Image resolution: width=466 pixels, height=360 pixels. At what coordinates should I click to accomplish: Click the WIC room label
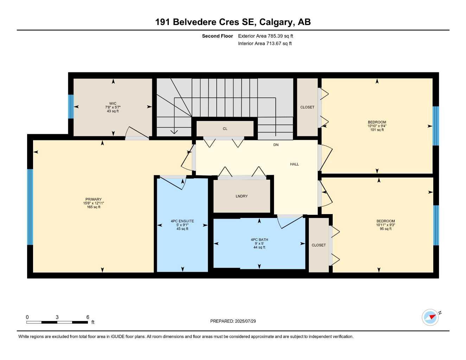(113, 104)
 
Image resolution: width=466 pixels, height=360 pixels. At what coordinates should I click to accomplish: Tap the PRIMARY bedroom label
(93, 199)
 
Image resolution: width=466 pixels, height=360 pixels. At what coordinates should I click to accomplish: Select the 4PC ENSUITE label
(182, 221)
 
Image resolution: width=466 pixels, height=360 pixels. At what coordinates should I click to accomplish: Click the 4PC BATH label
(259, 240)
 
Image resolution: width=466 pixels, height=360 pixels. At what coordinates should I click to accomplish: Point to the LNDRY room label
(242, 196)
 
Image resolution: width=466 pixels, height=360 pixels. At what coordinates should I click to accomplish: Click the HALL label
(294, 164)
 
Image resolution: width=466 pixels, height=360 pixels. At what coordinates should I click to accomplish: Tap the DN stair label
(276, 145)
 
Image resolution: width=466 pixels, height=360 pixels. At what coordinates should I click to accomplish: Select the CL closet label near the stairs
(225, 129)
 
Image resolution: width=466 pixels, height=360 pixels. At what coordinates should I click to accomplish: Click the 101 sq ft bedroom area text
(377, 130)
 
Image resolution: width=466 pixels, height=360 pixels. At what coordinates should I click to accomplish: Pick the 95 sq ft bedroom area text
(385, 229)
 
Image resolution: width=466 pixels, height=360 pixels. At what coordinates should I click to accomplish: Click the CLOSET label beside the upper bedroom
(307, 107)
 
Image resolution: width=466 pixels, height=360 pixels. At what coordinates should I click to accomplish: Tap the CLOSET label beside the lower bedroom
(319, 245)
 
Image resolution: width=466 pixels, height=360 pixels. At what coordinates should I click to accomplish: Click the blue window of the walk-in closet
(71, 107)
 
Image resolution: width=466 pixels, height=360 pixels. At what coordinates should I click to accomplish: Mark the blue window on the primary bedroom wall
(30, 207)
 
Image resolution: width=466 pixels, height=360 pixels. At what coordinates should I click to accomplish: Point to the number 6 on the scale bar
(88, 317)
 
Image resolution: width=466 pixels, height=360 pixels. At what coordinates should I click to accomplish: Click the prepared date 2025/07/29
(245, 321)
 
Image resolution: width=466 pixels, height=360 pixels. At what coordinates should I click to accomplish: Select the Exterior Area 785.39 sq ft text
(266, 36)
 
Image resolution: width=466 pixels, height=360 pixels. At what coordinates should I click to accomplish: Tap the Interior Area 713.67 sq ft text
(265, 44)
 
